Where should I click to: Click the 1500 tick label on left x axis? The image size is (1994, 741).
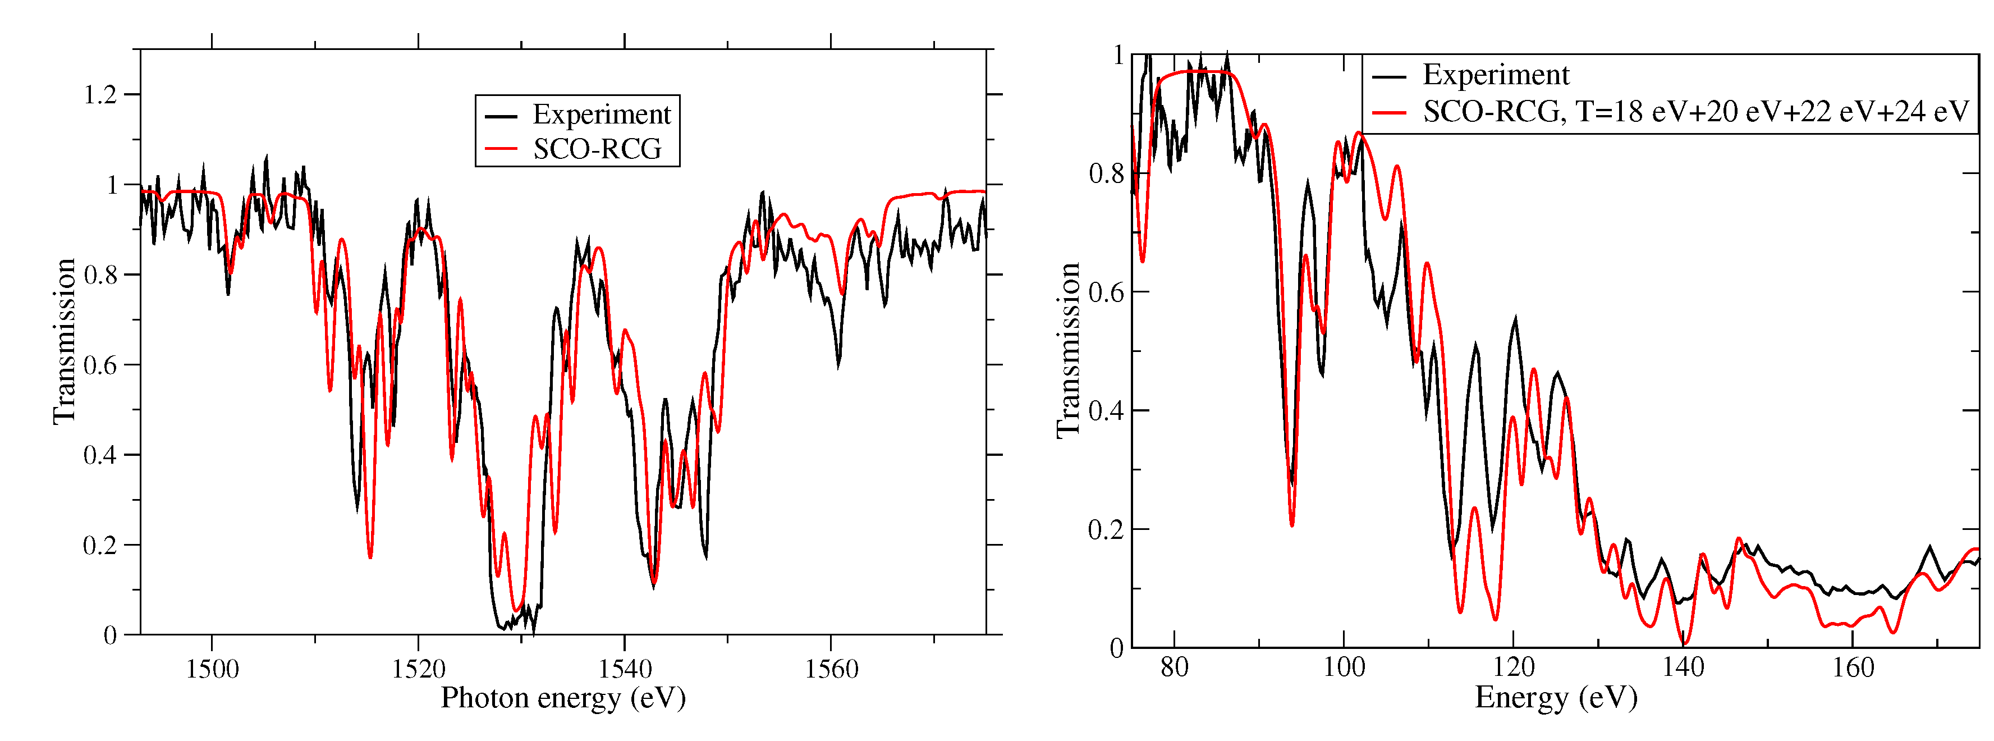click(x=212, y=668)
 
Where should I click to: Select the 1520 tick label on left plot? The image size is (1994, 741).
click(x=418, y=668)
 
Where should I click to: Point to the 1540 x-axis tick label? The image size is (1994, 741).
click(x=625, y=668)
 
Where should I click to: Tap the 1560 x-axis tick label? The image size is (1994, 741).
click(x=831, y=668)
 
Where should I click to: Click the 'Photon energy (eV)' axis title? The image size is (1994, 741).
click(x=563, y=698)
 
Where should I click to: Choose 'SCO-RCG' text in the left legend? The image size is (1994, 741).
click(x=597, y=149)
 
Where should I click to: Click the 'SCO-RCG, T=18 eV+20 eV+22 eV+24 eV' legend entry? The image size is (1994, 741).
click(x=1695, y=112)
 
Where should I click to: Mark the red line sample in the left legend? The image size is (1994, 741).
click(x=501, y=149)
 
